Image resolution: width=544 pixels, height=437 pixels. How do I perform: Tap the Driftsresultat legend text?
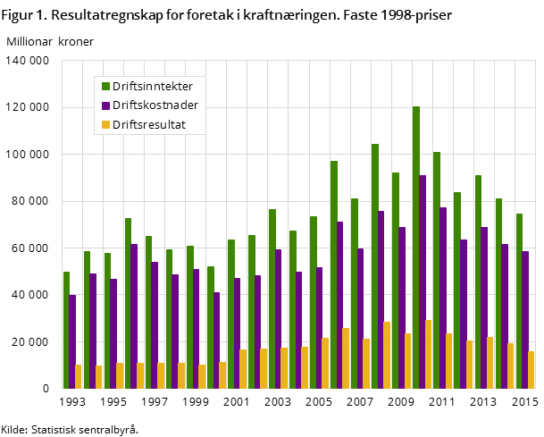tap(148, 125)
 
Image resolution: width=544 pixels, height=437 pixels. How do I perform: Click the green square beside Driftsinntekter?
tap(105, 87)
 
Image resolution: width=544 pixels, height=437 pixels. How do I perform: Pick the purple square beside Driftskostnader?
tap(105, 105)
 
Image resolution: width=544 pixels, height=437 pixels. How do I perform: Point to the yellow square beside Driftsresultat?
tap(105, 125)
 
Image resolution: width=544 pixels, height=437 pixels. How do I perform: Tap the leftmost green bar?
tap(66, 330)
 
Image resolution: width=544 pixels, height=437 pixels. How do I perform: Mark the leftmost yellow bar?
tap(79, 376)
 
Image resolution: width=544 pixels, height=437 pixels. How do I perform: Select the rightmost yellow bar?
tap(531, 370)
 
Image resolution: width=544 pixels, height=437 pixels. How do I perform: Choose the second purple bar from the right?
tap(505, 316)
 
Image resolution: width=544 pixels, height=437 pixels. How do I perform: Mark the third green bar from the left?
tap(107, 321)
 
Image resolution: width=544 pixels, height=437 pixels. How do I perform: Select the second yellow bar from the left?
tap(99, 377)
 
